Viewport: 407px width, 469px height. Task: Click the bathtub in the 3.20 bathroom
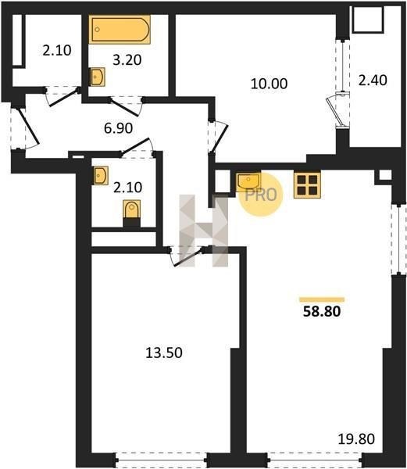pyautogui.click(x=120, y=30)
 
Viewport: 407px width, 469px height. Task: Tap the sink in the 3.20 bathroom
pyautogui.click(x=98, y=77)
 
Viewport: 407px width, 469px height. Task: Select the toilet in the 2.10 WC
pyautogui.click(x=132, y=213)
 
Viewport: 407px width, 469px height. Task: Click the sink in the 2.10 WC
pyautogui.click(x=101, y=176)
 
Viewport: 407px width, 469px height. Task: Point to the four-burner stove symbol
pyautogui.click(x=307, y=185)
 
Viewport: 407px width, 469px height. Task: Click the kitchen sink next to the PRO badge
pyautogui.click(x=248, y=181)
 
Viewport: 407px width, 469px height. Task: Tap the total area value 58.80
pyautogui.click(x=322, y=311)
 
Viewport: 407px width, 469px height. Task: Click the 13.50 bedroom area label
pyautogui.click(x=164, y=353)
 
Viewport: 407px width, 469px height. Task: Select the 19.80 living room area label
pyautogui.click(x=356, y=439)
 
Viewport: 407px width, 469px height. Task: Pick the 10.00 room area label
pyautogui.click(x=270, y=84)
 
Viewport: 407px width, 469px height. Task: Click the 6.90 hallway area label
pyautogui.click(x=118, y=128)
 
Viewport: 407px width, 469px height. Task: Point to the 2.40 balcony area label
pyautogui.click(x=373, y=81)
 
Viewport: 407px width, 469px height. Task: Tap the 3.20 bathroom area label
pyautogui.click(x=127, y=60)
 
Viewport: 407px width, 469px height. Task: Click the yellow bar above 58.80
pyautogui.click(x=322, y=299)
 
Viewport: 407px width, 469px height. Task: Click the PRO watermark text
pyautogui.click(x=261, y=195)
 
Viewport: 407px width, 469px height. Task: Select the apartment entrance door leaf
pyautogui.click(x=28, y=127)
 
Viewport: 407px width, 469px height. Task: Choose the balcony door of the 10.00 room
pyautogui.click(x=334, y=111)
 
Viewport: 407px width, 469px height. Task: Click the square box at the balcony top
pyautogui.click(x=368, y=19)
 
